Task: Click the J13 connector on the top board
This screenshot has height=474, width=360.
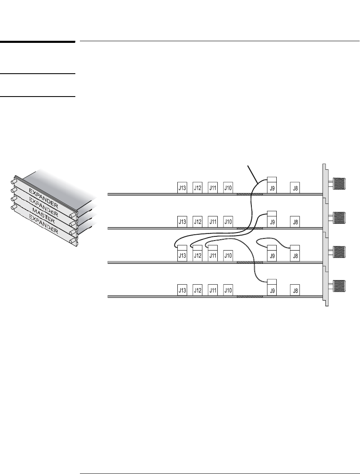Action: (182, 188)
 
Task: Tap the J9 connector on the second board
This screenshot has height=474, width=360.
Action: (272, 222)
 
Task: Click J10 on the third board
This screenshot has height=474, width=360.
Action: (228, 256)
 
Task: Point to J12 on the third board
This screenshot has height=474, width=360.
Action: (198, 256)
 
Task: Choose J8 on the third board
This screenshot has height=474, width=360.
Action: (295, 256)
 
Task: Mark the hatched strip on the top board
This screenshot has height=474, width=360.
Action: (249, 194)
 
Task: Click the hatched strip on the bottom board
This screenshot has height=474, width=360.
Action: (249, 296)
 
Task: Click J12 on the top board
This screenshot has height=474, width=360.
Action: (198, 188)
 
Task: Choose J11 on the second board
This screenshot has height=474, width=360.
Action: (213, 222)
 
